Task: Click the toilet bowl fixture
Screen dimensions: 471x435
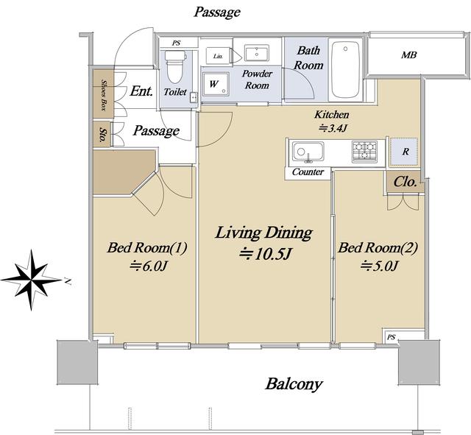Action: pyautogui.click(x=175, y=67)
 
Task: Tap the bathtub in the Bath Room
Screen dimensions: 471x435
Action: pyautogui.click(x=345, y=70)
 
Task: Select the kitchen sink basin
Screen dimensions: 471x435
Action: pyautogui.click(x=308, y=152)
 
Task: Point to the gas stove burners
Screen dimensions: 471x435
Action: pyautogui.click(x=365, y=151)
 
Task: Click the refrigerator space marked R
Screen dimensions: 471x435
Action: pyautogui.click(x=404, y=152)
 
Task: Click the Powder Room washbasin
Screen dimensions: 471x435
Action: pyautogui.click(x=257, y=53)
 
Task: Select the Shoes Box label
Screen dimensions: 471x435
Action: pyautogui.click(x=104, y=95)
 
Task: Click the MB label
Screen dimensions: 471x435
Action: pyautogui.click(x=409, y=55)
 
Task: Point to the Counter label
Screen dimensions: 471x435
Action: pyautogui.click(x=308, y=171)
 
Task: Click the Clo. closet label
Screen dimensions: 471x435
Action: pyautogui.click(x=406, y=182)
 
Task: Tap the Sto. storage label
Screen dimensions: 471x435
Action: pyautogui.click(x=103, y=134)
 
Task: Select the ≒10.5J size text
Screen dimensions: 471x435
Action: pyautogui.click(x=265, y=254)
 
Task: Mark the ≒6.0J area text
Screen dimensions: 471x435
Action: pyautogui.click(x=147, y=266)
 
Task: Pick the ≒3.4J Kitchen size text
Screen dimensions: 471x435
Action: pyautogui.click(x=333, y=128)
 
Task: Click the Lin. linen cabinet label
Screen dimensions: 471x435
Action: pyautogui.click(x=218, y=56)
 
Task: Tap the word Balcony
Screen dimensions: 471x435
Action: pyautogui.click(x=294, y=384)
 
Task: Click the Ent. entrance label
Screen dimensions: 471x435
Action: pyautogui.click(x=141, y=91)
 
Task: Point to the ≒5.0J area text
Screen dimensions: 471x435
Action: pyautogui.click(x=380, y=266)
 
